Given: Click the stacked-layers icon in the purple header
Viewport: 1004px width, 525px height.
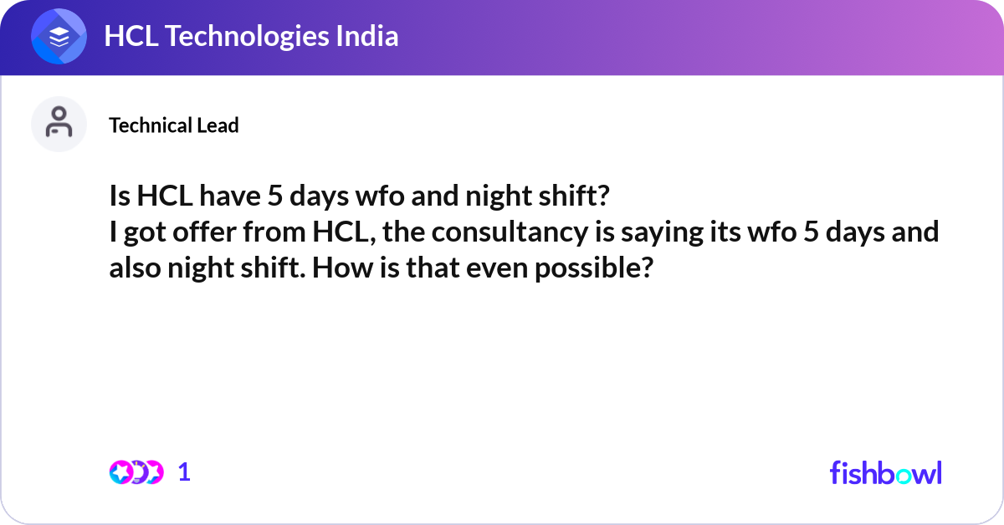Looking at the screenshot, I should click(59, 37).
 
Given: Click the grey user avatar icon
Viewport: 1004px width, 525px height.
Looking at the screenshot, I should click(59, 124).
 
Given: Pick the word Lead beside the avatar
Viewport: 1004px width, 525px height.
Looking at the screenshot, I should click(218, 125).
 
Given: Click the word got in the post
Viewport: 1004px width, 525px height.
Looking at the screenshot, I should click(144, 232).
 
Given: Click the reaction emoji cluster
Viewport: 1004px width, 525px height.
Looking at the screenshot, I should click(136, 472).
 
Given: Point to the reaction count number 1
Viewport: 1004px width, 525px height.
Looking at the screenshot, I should click(184, 472).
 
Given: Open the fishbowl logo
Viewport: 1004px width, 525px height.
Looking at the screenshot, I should click(885, 472).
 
